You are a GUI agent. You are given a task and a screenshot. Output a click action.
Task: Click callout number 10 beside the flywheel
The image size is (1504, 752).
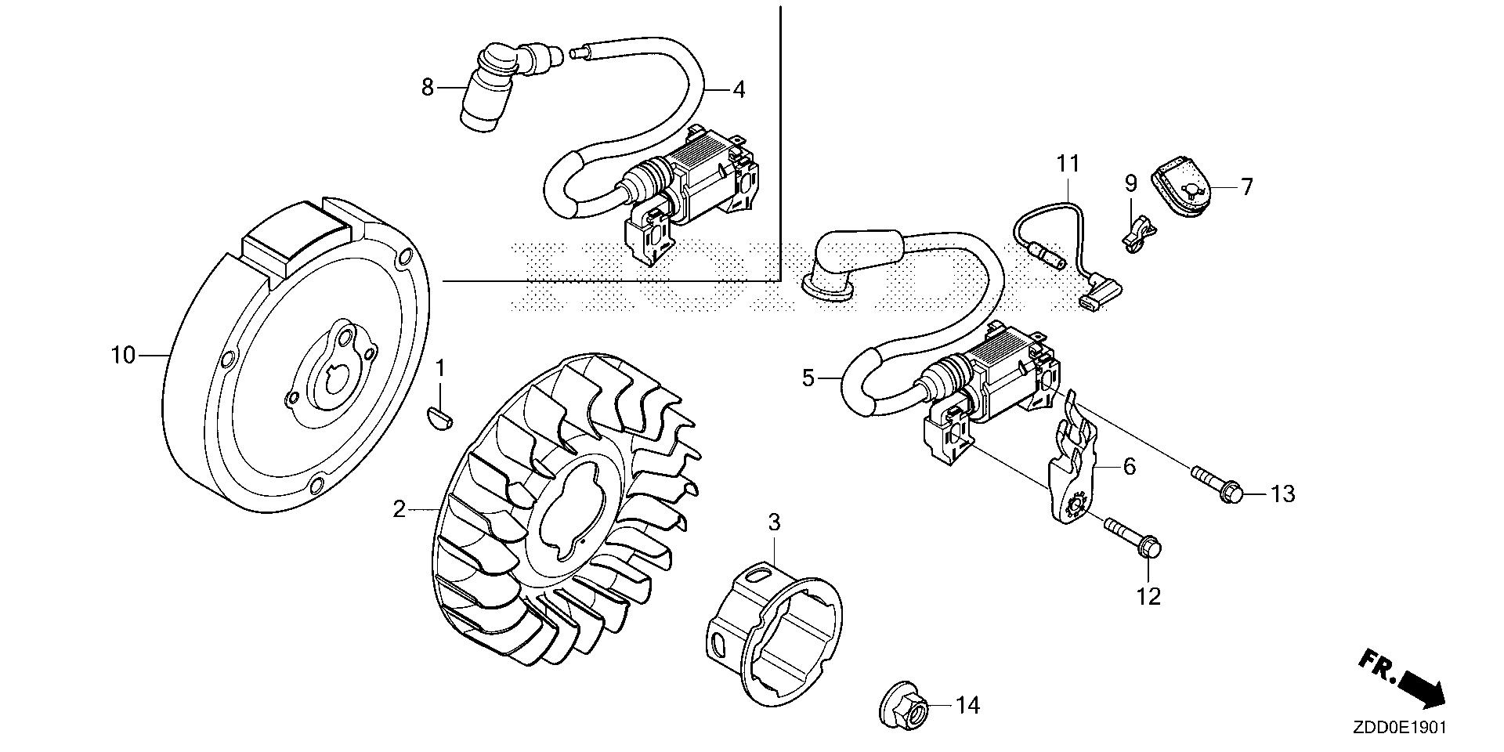click(x=123, y=356)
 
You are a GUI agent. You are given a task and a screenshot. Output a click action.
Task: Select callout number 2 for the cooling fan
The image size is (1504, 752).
click(x=399, y=510)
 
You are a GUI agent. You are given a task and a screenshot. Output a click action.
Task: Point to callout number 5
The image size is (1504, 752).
click(x=808, y=379)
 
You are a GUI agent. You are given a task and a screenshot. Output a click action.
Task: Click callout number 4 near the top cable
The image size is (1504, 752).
click(x=738, y=89)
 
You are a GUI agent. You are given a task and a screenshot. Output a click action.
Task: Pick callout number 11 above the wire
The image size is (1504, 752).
click(x=1068, y=164)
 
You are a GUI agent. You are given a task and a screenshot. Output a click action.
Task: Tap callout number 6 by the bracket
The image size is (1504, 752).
click(x=1129, y=466)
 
